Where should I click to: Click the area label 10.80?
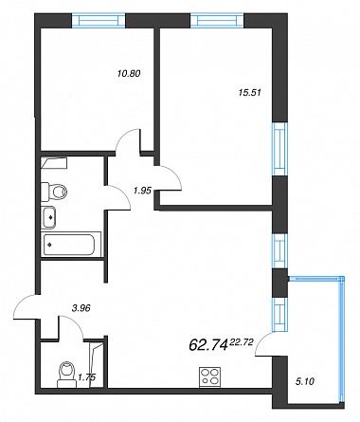[x=128, y=74]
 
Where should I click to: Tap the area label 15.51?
[x=249, y=93]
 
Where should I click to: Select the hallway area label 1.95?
[x=143, y=191]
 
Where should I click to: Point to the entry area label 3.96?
[x=81, y=308]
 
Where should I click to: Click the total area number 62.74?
[x=208, y=344]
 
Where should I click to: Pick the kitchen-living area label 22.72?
[x=243, y=342]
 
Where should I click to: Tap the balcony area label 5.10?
[x=305, y=381]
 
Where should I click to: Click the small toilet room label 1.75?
[x=86, y=377]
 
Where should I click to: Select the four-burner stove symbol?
[x=209, y=376]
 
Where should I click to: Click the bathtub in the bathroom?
[x=69, y=245]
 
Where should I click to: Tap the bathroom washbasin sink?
[x=49, y=217]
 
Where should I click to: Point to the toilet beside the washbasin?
[x=55, y=192]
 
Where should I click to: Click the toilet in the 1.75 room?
[x=67, y=375]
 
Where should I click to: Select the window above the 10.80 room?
[x=99, y=21]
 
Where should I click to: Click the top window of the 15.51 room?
[x=217, y=21]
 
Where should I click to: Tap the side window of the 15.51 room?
[x=280, y=149]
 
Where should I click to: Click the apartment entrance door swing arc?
[x=20, y=304]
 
